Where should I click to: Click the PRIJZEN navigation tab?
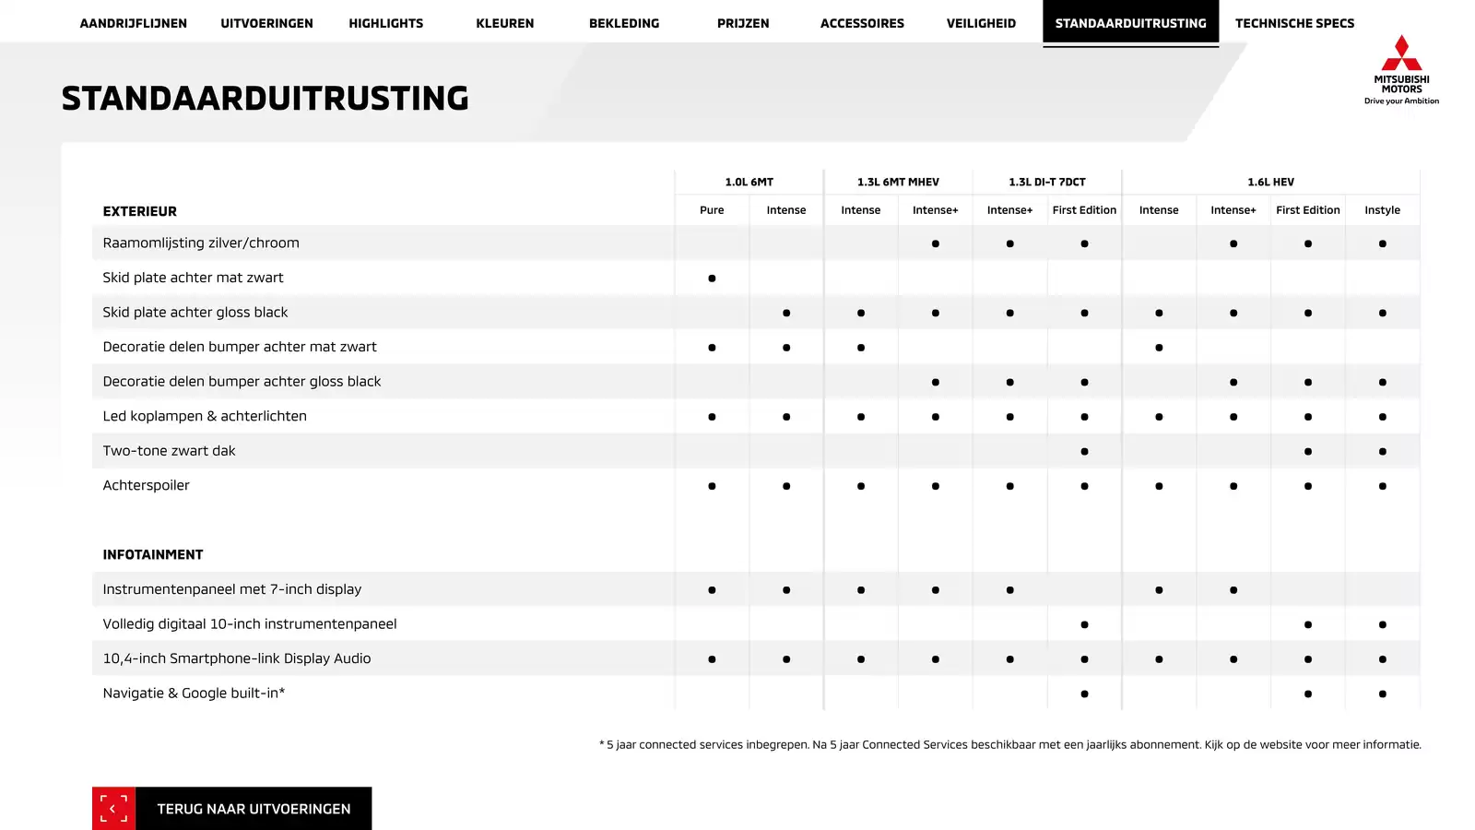[x=743, y=23]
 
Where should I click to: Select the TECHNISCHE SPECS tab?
[x=1294, y=23]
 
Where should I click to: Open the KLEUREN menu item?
[x=504, y=23]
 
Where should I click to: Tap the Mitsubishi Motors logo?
[x=1401, y=69]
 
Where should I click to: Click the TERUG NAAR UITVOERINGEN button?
[x=254, y=809]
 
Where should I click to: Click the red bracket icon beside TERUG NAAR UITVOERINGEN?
[x=113, y=809]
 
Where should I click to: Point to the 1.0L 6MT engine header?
[x=749, y=182]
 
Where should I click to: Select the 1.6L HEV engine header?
[x=1270, y=182]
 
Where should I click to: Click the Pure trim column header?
[x=712, y=210]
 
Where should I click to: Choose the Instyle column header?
[x=1382, y=210]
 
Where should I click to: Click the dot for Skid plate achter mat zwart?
[x=712, y=278]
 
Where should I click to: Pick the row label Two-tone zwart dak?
[x=169, y=451]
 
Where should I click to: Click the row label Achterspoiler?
[x=146, y=485]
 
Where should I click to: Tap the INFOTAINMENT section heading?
[x=152, y=554]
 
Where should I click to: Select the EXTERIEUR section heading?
[x=139, y=211]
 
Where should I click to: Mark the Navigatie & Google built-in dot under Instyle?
[x=1382, y=694]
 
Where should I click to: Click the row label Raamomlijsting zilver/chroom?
[x=201, y=243]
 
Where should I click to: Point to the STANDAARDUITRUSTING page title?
[x=265, y=99]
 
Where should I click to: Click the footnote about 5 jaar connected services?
[x=1009, y=744]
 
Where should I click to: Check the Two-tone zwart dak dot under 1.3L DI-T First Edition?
[x=1084, y=451]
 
